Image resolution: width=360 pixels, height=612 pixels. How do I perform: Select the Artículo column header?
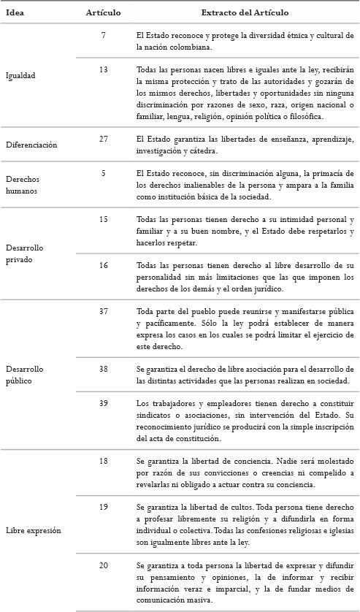(x=103, y=13)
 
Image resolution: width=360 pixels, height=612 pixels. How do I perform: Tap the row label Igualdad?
(x=20, y=75)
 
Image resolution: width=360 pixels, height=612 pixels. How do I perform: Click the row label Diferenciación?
(x=31, y=145)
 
